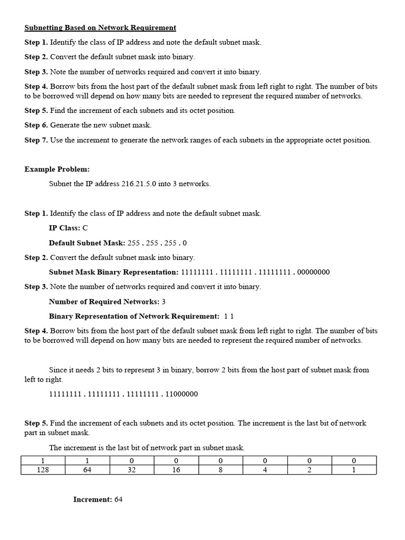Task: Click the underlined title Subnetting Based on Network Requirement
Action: coord(100,27)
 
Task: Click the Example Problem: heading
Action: coord(57,169)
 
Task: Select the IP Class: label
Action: coord(64,228)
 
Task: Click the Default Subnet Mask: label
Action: coord(87,243)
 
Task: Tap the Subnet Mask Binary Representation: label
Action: coord(113,272)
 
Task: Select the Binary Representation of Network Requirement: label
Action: coord(134,316)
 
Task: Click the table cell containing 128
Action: coord(43,470)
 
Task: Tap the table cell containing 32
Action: coord(131,470)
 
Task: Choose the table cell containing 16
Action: coord(176,470)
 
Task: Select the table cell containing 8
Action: coord(220,470)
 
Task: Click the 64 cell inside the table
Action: coord(87,470)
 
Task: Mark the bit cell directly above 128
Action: coord(43,461)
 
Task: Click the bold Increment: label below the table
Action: coord(92,499)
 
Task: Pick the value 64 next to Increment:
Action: coord(118,499)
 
